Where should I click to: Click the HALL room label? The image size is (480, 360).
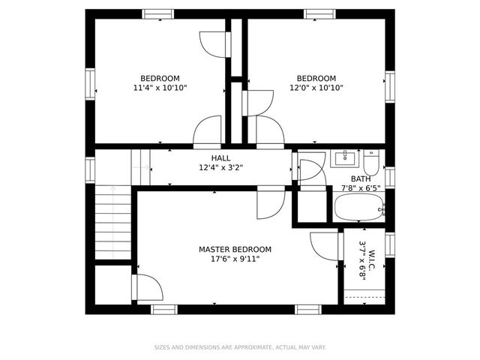tap(220, 158)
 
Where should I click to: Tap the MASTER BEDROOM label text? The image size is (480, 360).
tap(235, 250)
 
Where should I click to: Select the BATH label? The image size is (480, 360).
tap(361, 179)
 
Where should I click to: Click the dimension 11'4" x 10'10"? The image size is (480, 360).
tap(160, 88)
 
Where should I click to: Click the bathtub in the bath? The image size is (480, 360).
tap(358, 207)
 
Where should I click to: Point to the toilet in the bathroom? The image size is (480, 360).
tap(373, 161)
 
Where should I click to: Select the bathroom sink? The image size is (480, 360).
tap(346, 157)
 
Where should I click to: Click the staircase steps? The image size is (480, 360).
tap(112, 223)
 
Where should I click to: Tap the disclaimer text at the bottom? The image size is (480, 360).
tap(240, 347)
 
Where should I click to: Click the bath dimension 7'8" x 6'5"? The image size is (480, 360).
tap(361, 188)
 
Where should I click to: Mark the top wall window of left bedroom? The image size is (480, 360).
tap(158, 13)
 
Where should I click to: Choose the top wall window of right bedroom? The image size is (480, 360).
tap(319, 13)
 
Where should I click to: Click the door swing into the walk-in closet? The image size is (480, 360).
tap(325, 245)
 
